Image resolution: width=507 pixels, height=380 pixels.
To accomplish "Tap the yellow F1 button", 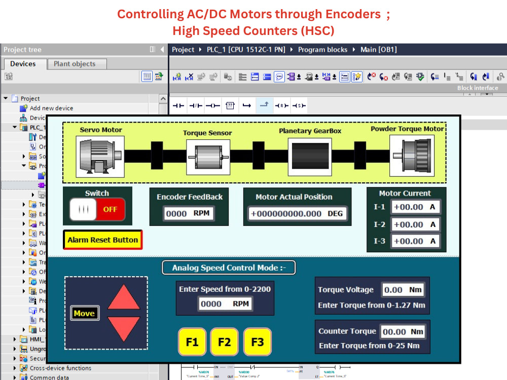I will [192, 341].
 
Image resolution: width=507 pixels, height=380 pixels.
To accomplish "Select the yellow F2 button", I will [225, 341].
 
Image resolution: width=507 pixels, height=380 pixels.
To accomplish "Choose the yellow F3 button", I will [257, 341].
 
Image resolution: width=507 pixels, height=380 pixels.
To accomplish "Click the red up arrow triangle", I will [124, 297].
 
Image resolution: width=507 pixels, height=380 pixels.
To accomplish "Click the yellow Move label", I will [84, 313].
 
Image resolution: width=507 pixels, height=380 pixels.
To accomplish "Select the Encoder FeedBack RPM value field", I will [188, 213].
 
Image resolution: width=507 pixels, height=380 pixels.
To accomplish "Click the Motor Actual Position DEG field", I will [297, 213].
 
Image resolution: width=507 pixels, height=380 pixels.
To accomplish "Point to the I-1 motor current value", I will [415, 207].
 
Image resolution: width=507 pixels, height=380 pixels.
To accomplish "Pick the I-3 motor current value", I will [415, 241].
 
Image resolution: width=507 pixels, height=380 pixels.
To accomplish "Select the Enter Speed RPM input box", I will [225, 303].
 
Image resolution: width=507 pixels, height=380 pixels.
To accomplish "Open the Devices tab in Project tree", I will [23, 64].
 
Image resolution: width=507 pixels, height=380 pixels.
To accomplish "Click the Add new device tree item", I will [51, 108].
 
